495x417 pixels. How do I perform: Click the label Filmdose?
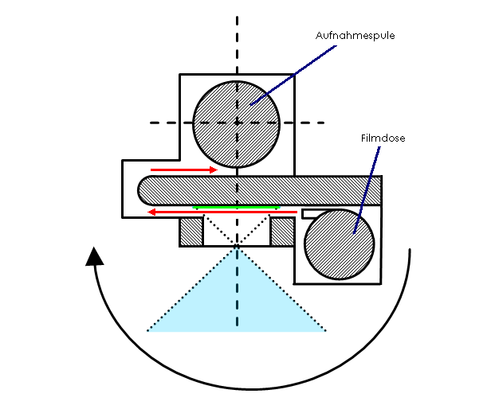tap(383, 138)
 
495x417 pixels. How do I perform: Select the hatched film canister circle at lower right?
tap(339, 244)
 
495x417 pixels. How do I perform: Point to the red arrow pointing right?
tap(184, 170)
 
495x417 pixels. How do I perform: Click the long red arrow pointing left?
tap(222, 212)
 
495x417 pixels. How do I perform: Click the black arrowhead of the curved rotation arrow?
tap(94, 256)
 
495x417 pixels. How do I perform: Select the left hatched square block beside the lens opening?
tap(191, 232)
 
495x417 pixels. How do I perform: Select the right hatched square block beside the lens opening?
tap(283, 232)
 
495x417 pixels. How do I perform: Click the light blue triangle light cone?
tap(237, 306)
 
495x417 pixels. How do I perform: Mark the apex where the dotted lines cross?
tap(237, 247)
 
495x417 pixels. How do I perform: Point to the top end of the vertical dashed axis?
tap(237, 14)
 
